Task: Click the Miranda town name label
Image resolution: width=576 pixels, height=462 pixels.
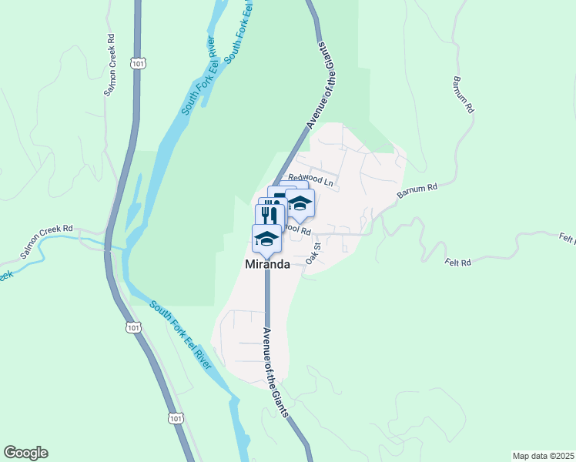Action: [267, 264]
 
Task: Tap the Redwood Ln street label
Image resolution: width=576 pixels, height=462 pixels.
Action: [316, 182]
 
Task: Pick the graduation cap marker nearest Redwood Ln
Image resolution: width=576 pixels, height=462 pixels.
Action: [300, 204]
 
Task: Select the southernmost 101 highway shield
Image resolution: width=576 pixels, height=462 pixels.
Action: [176, 418]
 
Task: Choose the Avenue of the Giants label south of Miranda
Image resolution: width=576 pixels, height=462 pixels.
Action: [276, 372]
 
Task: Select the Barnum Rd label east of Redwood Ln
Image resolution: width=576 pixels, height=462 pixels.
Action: [417, 192]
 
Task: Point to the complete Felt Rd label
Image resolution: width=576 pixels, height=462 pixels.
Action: [457, 263]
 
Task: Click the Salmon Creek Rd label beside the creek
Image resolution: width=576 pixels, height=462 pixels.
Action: [46, 240]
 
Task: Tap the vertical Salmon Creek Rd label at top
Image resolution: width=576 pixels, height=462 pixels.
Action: [110, 64]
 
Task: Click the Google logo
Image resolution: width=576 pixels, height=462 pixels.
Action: [25, 453]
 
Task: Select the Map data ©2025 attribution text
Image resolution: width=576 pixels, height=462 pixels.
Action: [542, 456]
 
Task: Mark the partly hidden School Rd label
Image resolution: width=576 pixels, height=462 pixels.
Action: [298, 230]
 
